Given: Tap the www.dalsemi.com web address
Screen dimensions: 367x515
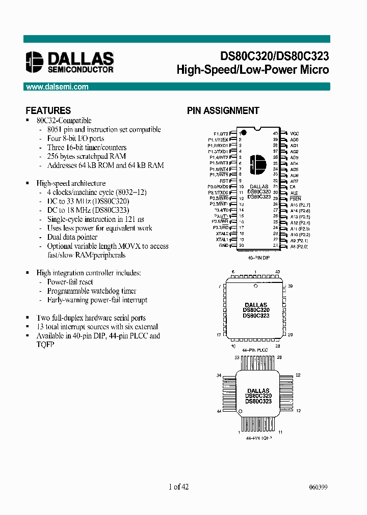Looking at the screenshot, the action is point(57,87).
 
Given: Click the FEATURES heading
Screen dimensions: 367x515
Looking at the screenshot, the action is point(48,110).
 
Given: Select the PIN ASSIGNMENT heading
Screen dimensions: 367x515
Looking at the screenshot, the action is point(223,110).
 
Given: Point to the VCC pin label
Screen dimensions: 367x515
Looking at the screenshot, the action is point(294,133).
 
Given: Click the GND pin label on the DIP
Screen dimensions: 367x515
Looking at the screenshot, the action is point(224,245).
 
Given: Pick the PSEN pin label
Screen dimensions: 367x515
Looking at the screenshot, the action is point(296,198).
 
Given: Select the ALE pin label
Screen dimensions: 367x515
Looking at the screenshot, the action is point(294,193).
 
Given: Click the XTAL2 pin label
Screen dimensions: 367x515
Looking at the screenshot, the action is point(222,233).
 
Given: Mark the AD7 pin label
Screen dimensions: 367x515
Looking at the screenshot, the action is point(294,181).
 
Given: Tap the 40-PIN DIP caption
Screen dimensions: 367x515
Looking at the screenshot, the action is point(259,258).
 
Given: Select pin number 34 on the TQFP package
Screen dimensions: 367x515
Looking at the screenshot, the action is point(219,376).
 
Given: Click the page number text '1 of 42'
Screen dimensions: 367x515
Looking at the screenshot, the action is point(179,487).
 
